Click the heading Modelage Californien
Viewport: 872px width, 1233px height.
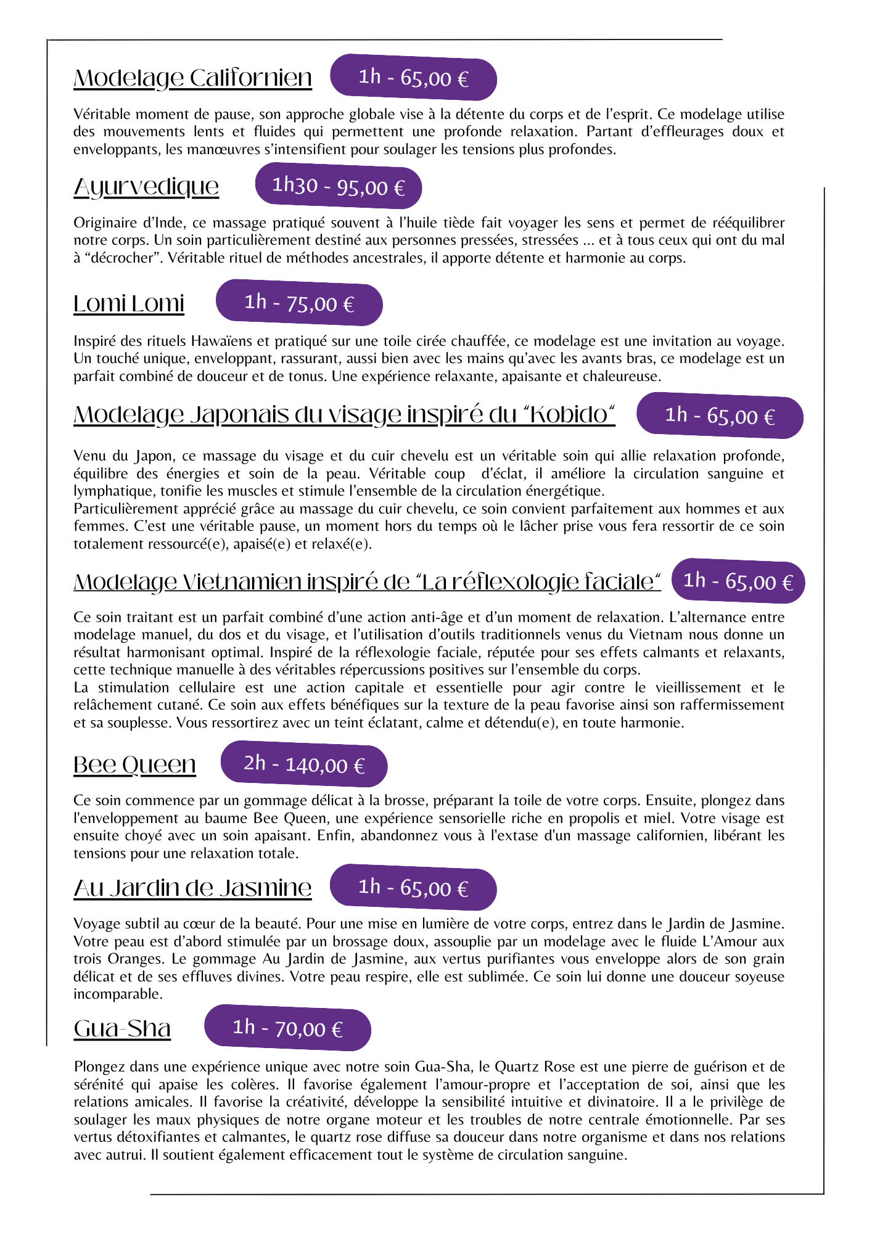(192, 78)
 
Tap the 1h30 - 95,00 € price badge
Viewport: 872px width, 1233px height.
(339, 186)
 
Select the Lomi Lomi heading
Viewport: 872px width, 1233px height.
(129, 303)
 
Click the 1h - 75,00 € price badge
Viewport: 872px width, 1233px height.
(299, 303)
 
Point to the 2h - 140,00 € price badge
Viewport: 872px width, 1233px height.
(304, 764)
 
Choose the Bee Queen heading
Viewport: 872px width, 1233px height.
(134, 764)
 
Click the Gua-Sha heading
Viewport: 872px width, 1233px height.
(122, 1028)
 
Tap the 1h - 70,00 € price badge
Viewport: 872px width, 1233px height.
(287, 1028)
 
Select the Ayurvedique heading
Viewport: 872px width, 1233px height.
(146, 187)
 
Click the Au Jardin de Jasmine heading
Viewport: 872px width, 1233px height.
(192, 888)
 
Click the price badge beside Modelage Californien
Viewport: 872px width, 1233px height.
(413, 77)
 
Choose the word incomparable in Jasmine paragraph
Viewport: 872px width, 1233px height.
(117, 994)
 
